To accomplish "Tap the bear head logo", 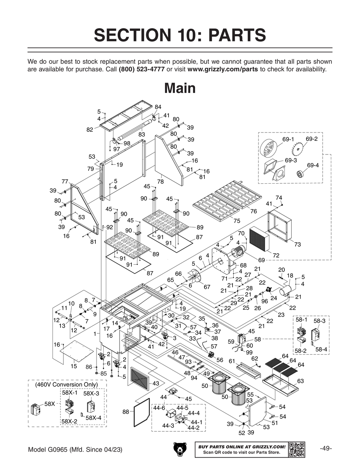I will pyautogui.click(x=180, y=449).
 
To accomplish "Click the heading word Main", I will pyautogui.click(x=180, y=88).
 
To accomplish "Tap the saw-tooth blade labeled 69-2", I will pyautogui.click(x=299, y=149).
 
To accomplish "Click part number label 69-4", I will pyautogui.click(x=313, y=165).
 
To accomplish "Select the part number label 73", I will pyautogui.click(x=297, y=245).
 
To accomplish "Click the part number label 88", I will pyautogui.click(x=126, y=412).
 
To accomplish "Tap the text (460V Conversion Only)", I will pyautogui.click(x=66, y=385).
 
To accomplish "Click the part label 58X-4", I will pyautogui.click(x=94, y=418).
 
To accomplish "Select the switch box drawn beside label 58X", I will pyautogui.click(x=36, y=410).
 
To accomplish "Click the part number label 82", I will pyautogui.click(x=90, y=130).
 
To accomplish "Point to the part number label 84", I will pyautogui.click(x=158, y=107).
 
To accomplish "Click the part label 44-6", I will pyautogui.click(x=159, y=408).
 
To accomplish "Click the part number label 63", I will pyautogui.click(x=300, y=381).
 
